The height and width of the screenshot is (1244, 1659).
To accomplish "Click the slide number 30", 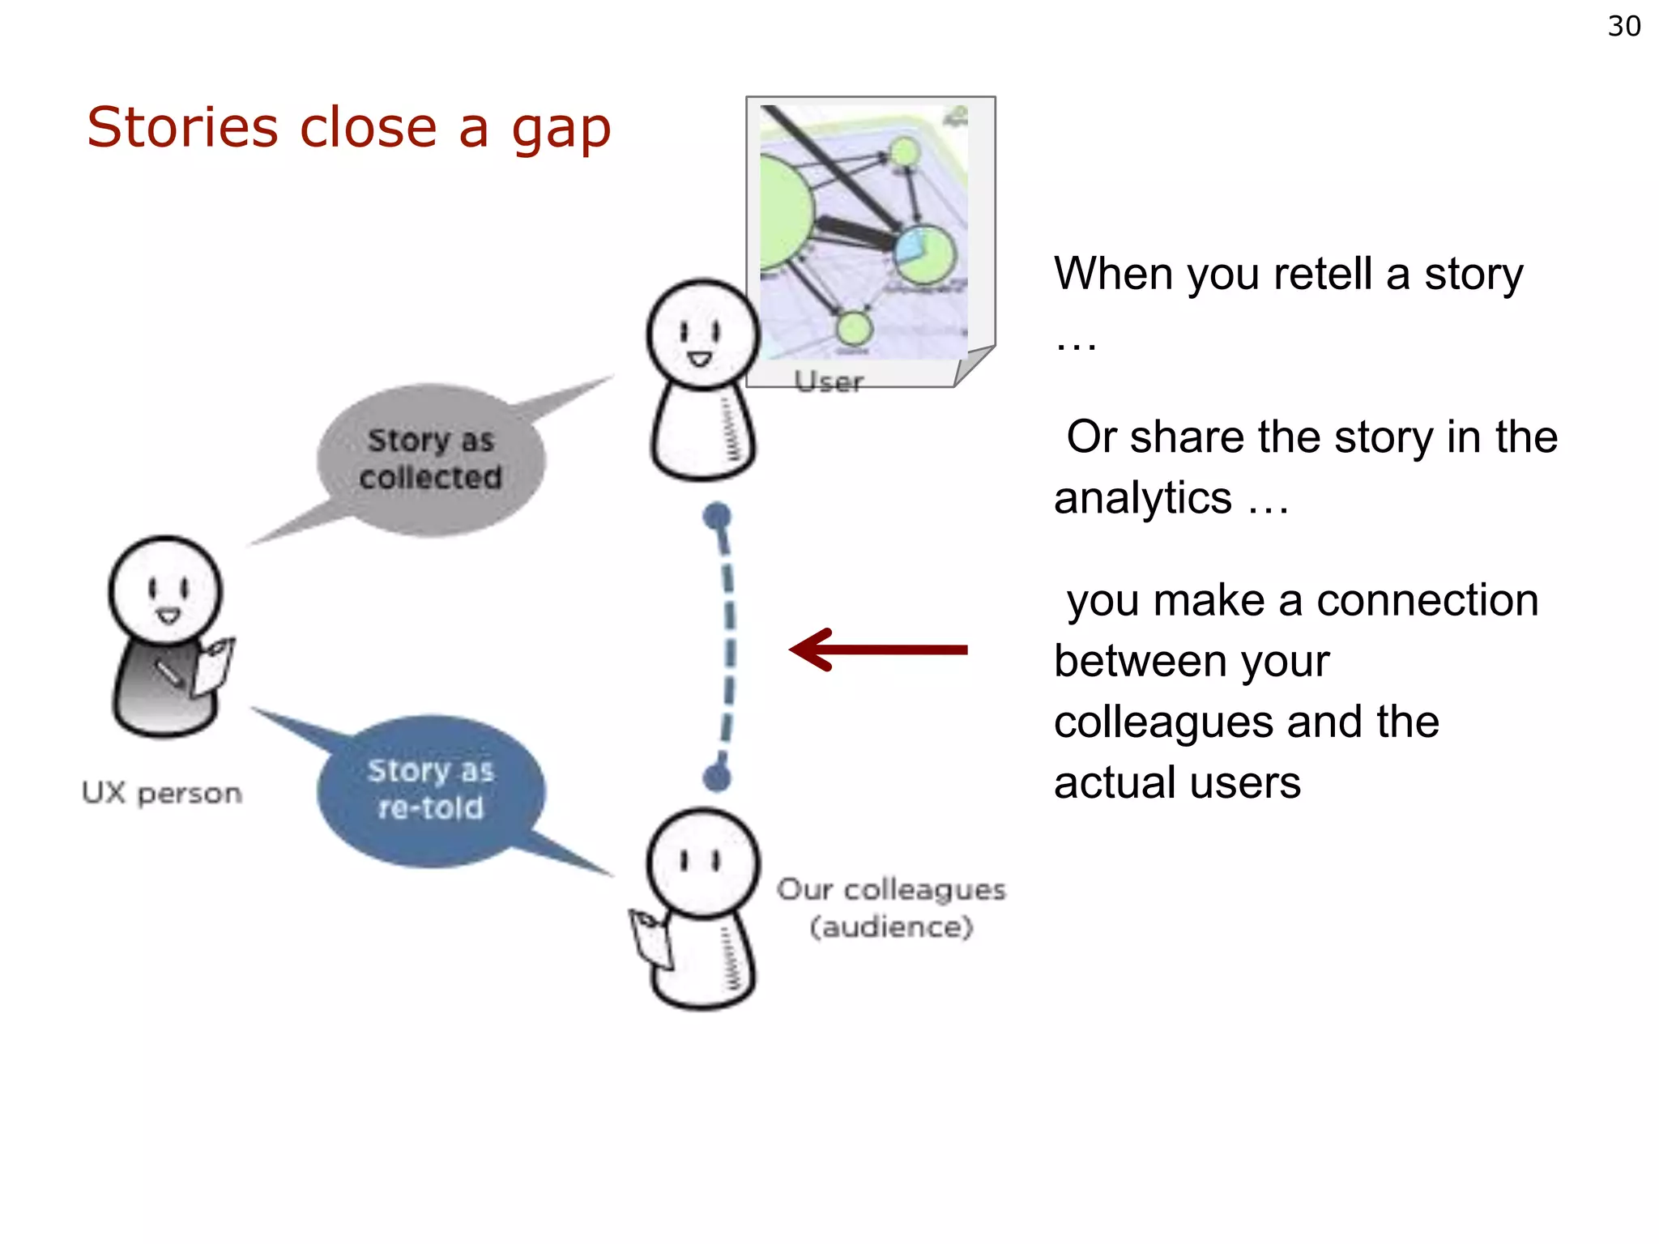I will point(1623,26).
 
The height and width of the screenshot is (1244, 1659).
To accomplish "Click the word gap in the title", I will point(561,130).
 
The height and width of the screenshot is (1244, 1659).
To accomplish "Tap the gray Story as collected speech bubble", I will point(431,459).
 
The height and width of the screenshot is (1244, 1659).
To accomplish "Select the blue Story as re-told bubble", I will point(431,790).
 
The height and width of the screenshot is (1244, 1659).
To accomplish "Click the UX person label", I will point(162,793).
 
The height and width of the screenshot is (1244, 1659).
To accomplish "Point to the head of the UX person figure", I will point(166,589).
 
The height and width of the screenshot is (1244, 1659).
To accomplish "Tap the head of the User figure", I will point(702,334).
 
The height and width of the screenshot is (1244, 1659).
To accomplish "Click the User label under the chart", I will point(828,381).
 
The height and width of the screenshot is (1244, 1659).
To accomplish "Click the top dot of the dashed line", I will point(717,516).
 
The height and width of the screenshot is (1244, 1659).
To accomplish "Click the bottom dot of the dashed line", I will point(717,778).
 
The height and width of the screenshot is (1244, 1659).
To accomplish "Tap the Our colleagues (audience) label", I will point(891,908).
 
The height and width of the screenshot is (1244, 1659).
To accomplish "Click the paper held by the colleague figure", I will point(653,939).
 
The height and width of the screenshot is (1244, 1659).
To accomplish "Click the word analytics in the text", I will point(1142,498).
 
